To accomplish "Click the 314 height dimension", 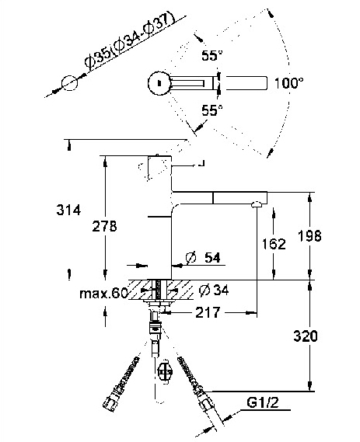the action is (68, 210).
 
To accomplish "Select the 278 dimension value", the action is (104, 226).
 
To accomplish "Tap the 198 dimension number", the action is (309, 235).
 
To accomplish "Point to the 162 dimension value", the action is (274, 244).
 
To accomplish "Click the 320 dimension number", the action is (306, 336).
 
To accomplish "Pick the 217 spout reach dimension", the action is (208, 312).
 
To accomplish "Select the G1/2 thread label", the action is (263, 403).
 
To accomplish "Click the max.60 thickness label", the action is (104, 294).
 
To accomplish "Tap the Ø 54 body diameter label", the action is (203, 257).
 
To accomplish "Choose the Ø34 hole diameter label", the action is (214, 290).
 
